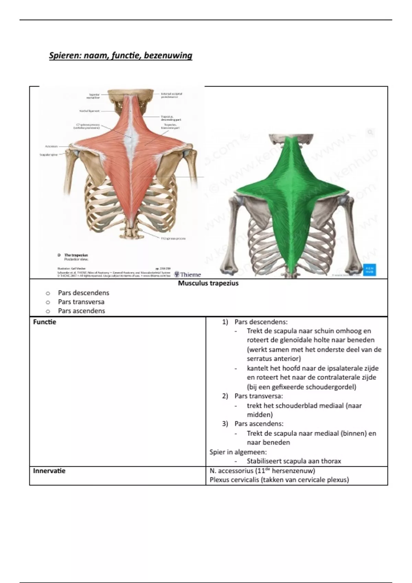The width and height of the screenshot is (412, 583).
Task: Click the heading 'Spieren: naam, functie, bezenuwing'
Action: click(x=121, y=56)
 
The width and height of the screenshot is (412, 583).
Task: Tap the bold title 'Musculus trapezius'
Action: click(x=208, y=284)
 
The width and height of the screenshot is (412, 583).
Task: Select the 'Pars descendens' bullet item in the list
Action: click(x=83, y=293)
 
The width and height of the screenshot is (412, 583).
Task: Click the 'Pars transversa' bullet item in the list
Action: click(x=81, y=302)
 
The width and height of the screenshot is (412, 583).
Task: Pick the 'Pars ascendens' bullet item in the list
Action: click(x=81, y=311)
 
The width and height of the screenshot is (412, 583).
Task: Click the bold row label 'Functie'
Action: click(x=45, y=322)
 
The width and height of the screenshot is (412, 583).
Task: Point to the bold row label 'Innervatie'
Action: click(x=49, y=471)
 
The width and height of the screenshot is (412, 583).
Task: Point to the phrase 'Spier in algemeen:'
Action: click(x=238, y=452)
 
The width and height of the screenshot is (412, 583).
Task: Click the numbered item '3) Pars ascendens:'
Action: click(x=253, y=424)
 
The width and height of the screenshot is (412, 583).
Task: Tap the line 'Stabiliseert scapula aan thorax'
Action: click(x=294, y=461)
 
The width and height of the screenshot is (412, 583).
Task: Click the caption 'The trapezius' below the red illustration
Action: click(x=76, y=255)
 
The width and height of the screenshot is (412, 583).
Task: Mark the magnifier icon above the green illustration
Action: click(x=370, y=132)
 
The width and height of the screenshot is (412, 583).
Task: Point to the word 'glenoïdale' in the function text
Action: click(x=285, y=340)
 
